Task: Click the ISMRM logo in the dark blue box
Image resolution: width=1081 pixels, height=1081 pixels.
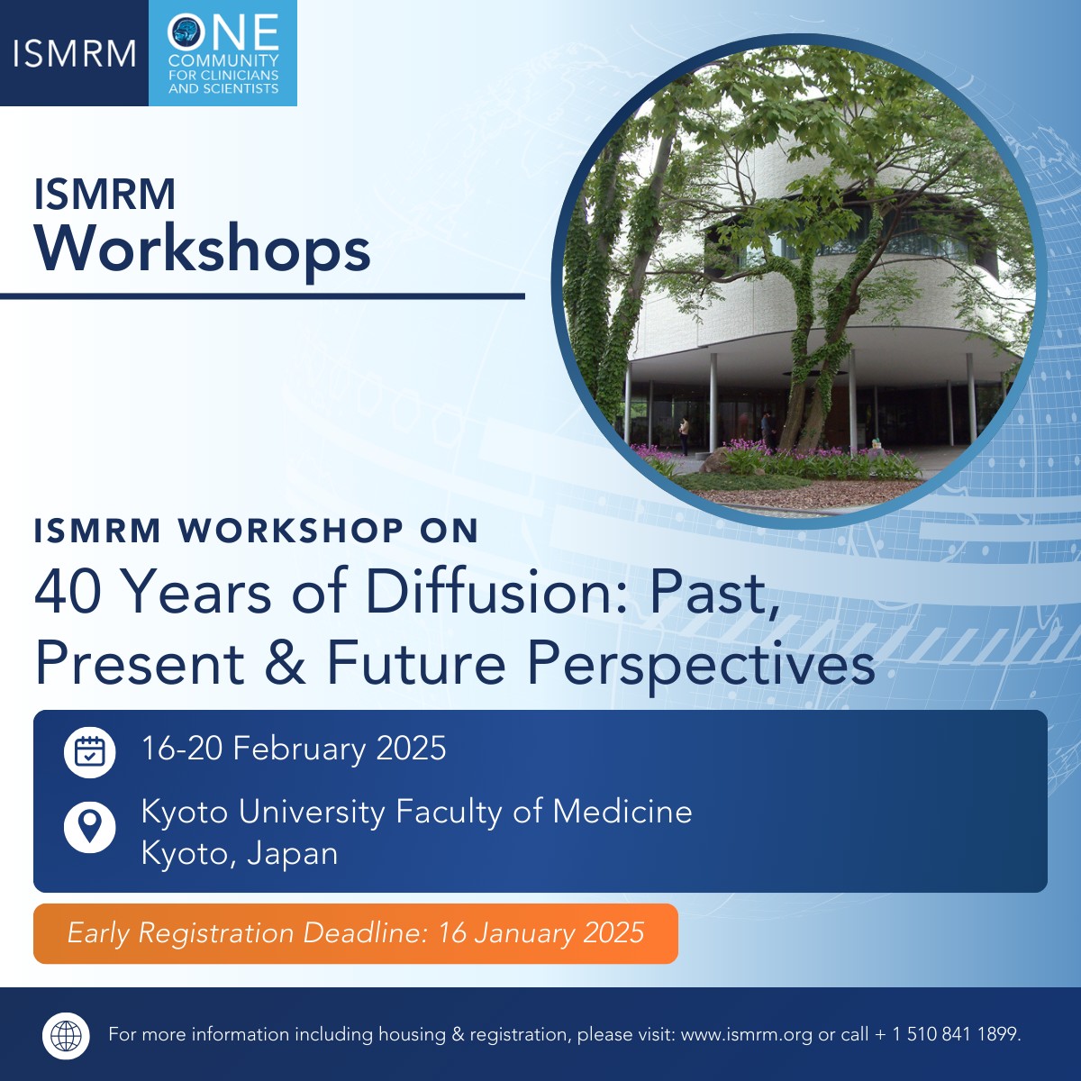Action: coord(74,53)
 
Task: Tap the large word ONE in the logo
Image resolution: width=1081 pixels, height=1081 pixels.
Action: coord(223,32)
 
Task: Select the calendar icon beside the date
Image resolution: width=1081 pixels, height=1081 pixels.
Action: coord(90,751)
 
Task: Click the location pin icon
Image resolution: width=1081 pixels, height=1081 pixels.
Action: coord(90,826)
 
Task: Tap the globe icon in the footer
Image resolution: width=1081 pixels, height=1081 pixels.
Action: coord(67,1035)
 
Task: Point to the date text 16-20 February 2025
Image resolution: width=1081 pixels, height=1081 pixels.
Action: coord(294,749)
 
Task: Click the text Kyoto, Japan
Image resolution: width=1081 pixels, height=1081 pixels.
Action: coord(240,853)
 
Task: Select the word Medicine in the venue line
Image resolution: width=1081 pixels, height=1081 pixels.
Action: coord(622,812)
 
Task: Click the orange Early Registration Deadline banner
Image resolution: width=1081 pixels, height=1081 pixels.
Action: coord(355,933)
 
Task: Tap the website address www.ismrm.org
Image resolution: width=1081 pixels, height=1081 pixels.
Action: coord(747,1034)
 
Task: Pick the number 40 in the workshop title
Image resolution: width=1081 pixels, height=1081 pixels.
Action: coord(68,593)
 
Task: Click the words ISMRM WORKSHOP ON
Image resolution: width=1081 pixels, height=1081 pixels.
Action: coord(256,531)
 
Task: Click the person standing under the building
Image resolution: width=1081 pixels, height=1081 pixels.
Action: coord(685,435)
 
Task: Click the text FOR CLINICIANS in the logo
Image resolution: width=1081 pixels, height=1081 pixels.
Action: coord(223,75)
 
